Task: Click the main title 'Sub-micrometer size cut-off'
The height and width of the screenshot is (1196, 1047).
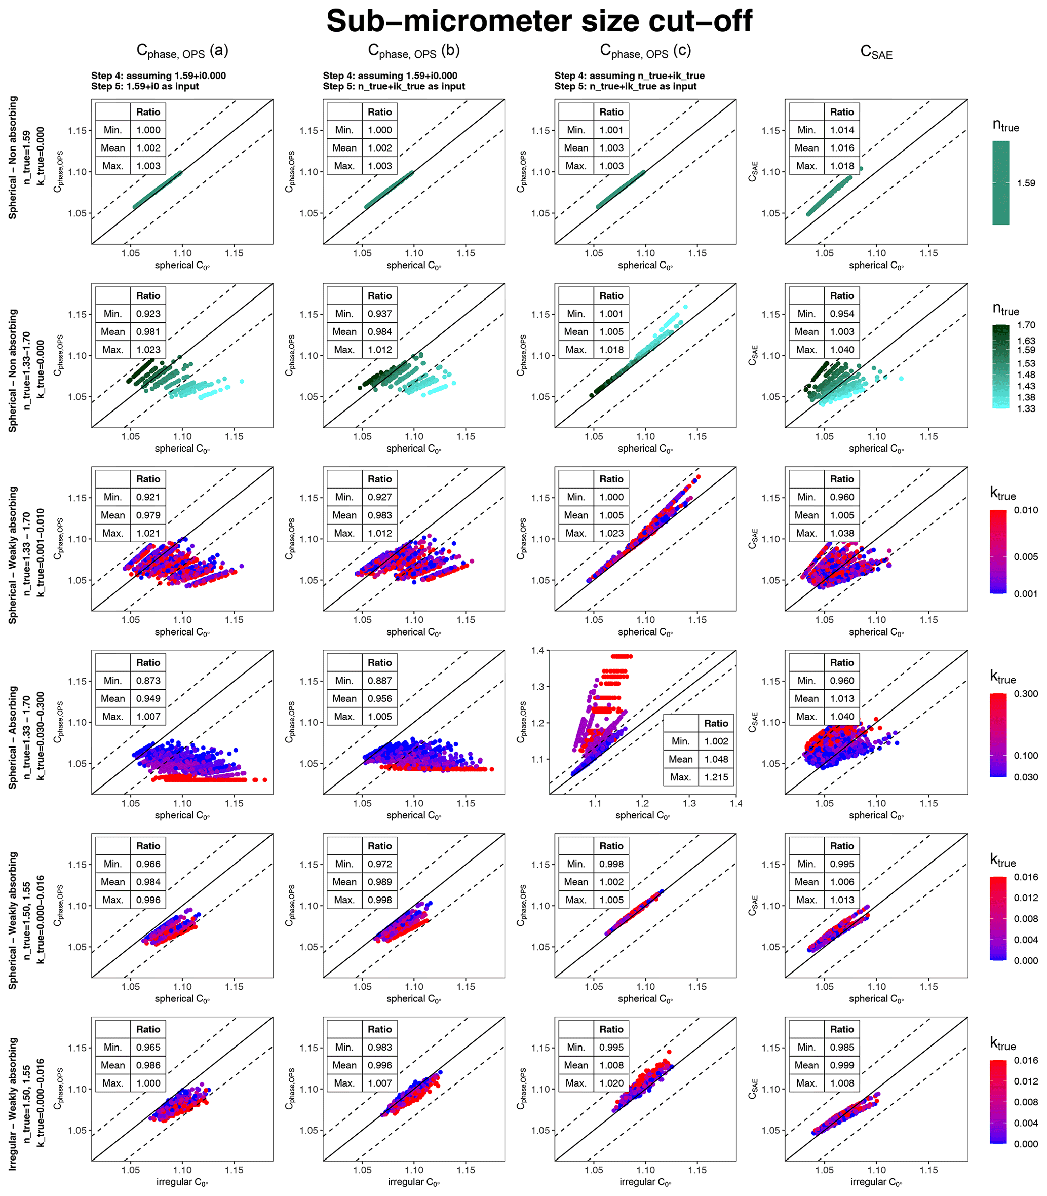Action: click(x=538, y=22)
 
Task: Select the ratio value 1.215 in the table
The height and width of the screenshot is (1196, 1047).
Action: click(x=716, y=777)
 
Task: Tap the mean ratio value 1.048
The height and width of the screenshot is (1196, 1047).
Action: click(x=716, y=759)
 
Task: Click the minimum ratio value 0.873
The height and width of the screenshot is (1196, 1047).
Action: click(x=148, y=681)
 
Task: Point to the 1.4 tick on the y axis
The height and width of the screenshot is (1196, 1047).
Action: click(x=537, y=650)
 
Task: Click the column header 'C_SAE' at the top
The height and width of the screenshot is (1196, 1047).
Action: click(x=876, y=53)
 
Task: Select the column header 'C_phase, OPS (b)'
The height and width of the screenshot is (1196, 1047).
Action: click(x=414, y=52)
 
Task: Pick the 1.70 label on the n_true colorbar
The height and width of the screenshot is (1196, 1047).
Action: click(x=1026, y=325)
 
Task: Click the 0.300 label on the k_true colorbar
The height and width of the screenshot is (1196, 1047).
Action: click(x=1026, y=693)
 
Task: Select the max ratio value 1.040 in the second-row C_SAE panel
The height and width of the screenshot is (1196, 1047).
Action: click(x=842, y=350)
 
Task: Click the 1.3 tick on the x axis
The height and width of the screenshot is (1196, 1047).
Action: click(x=689, y=803)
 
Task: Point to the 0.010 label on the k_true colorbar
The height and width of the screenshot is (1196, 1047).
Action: click(x=1026, y=510)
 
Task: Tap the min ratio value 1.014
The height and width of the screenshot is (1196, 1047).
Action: click(x=842, y=130)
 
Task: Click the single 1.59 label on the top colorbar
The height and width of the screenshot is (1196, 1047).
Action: click(x=1026, y=183)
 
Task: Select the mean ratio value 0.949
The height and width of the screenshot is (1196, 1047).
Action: click(x=148, y=698)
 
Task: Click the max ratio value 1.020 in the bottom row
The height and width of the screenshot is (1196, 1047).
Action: click(x=611, y=1082)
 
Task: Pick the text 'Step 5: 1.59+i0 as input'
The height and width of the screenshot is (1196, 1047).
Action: click(x=145, y=86)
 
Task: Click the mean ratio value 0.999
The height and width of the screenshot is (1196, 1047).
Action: click(x=842, y=1065)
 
